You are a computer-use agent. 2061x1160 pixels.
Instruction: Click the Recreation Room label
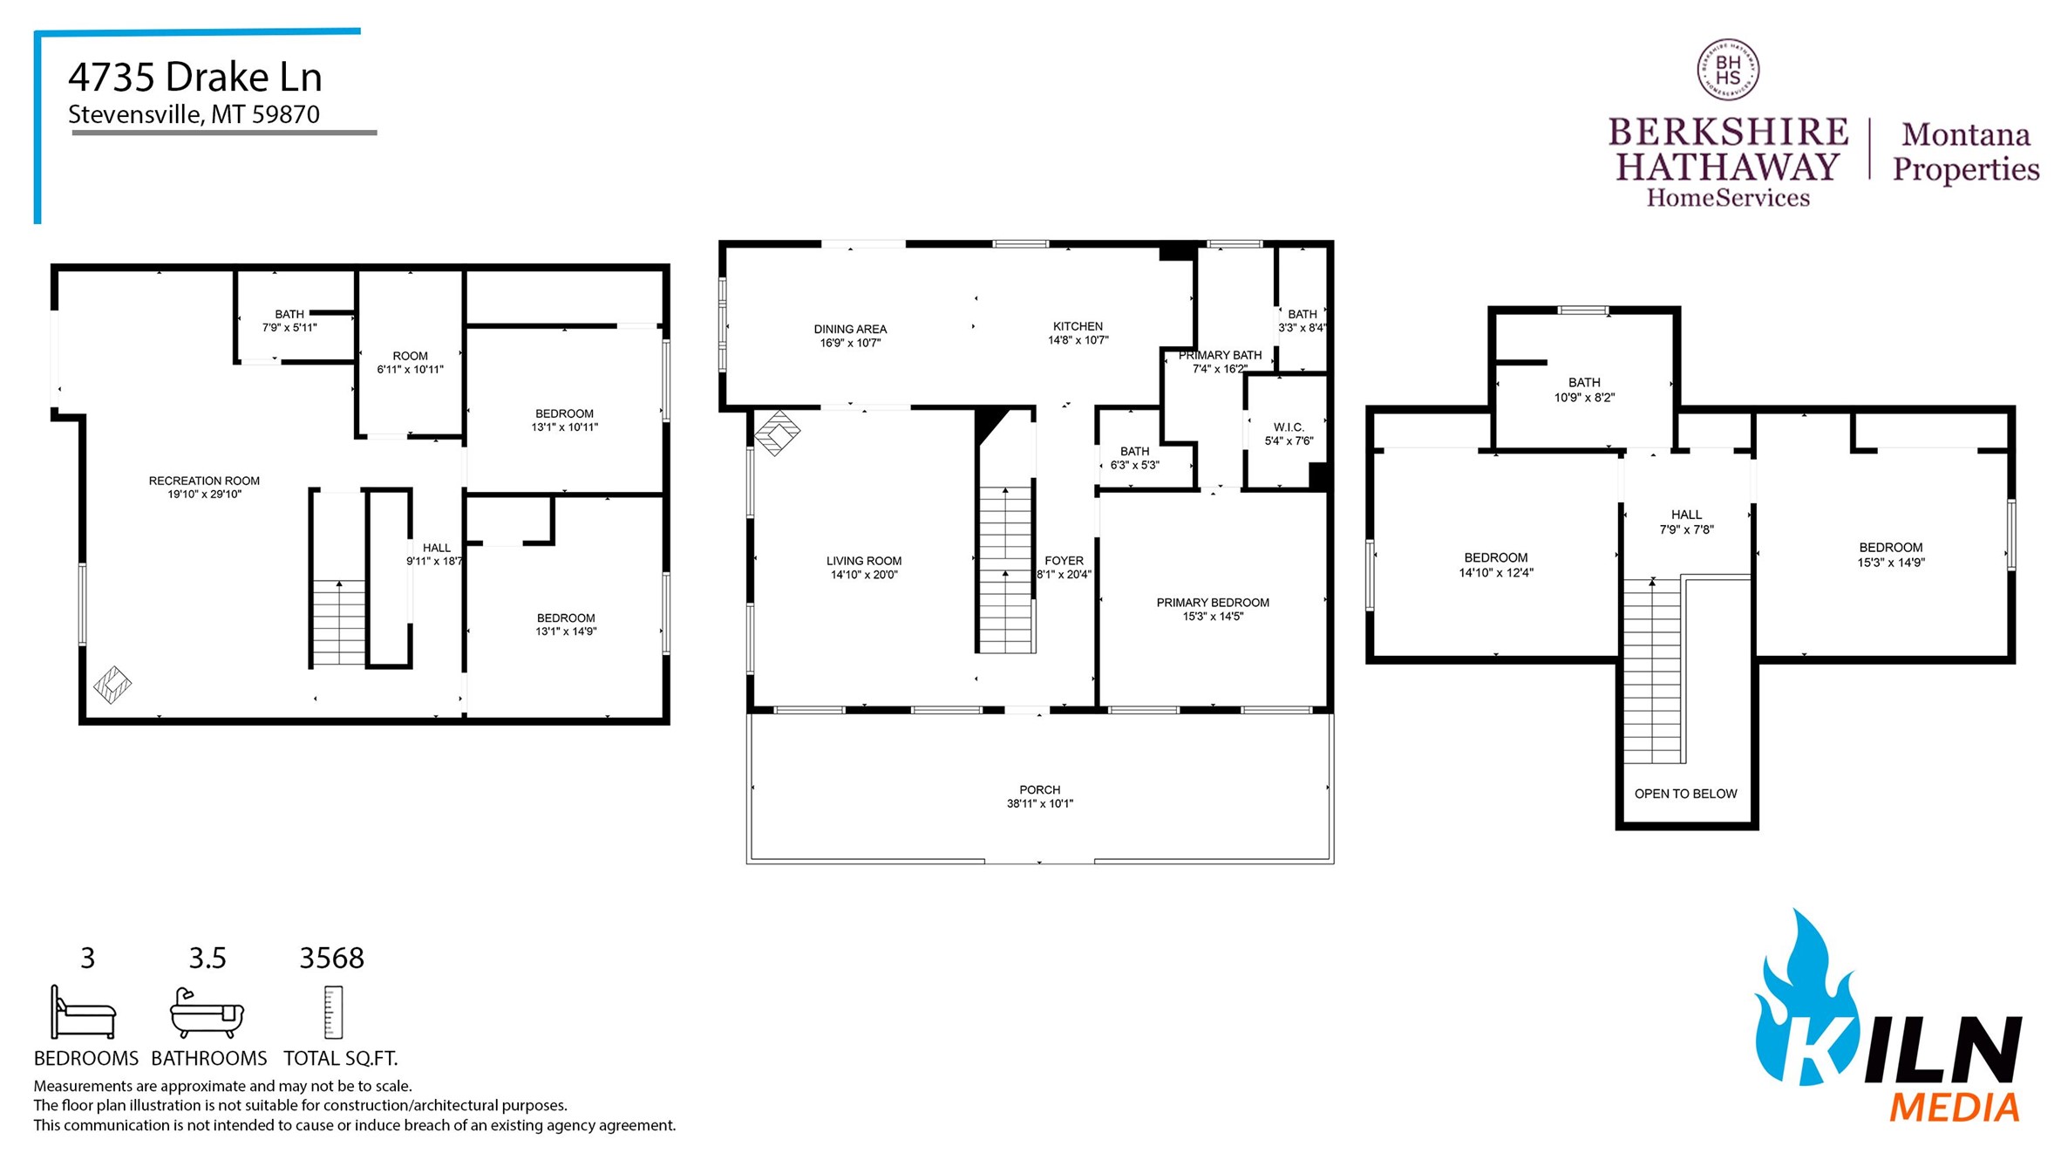tap(204, 481)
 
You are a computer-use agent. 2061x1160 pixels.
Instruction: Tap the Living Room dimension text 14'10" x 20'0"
tap(863, 575)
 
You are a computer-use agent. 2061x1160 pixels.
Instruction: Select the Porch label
tap(1039, 789)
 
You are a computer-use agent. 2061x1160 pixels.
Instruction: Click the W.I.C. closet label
tap(1289, 427)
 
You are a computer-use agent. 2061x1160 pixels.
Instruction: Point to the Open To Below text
tap(1685, 794)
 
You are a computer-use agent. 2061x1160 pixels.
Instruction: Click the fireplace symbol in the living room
tap(777, 433)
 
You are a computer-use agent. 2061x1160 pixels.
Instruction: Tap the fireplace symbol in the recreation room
tap(112, 685)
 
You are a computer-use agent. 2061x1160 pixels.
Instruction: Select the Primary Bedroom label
tap(1212, 603)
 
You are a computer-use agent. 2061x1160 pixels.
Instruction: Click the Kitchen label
tap(1078, 326)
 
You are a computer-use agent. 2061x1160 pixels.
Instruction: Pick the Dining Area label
tap(850, 329)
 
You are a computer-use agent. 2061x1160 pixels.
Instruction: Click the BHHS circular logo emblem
tap(1727, 70)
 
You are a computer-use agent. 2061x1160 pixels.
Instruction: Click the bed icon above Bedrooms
tap(83, 1013)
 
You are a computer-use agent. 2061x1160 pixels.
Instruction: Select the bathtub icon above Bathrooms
tap(207, 1013)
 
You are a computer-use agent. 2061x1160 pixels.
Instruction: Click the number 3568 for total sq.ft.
tap(331, 958)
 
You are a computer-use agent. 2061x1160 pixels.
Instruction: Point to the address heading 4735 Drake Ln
tap(195, 77)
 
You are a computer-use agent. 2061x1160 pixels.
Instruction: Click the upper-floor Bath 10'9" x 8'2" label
tap(1584, 382)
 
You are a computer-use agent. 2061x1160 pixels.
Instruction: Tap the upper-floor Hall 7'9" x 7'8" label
tap(1686, 515)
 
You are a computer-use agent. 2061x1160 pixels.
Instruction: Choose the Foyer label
tap(1064, 561)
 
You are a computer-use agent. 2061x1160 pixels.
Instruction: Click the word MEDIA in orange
tap(1954, 1108)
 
